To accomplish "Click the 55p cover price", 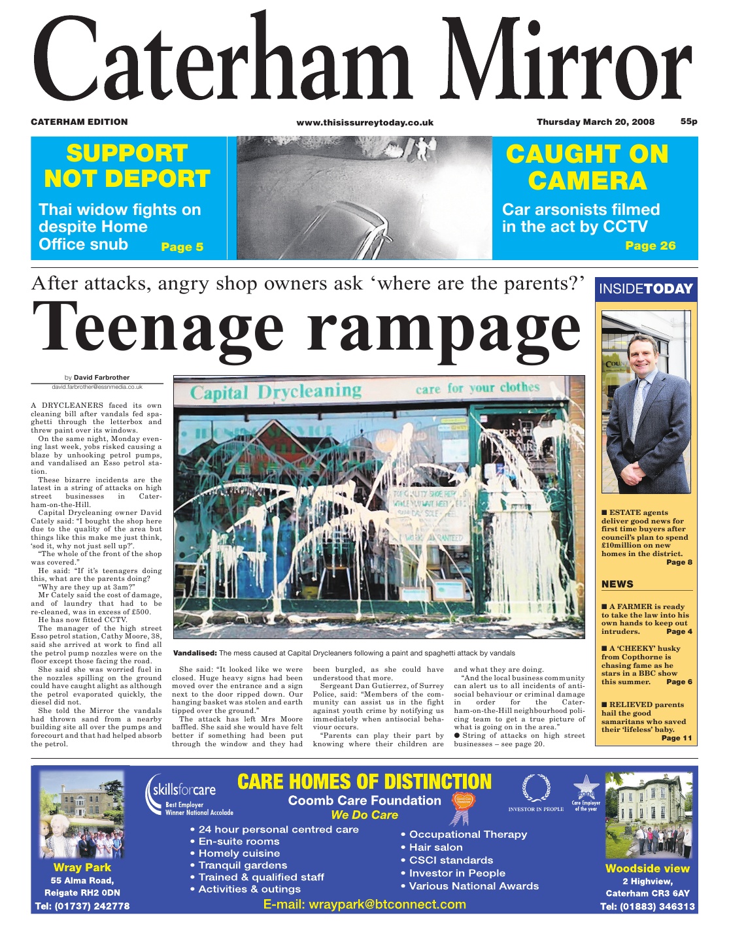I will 688,122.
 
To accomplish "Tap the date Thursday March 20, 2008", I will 595,122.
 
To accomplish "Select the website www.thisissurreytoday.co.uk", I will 365,123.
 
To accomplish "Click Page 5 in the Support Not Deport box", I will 182,247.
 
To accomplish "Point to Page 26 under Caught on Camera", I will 650,246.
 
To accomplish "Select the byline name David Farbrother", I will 101,378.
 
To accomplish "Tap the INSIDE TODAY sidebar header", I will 645,289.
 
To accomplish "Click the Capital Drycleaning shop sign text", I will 275,391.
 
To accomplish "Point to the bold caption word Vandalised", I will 194,653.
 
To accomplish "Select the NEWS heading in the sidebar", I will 617,584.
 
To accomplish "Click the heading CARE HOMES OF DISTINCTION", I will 364,782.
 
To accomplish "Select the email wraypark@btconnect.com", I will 364,904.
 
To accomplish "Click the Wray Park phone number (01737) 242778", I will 82,906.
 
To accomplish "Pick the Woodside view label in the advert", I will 647,868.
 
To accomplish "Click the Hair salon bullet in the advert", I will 435,848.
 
